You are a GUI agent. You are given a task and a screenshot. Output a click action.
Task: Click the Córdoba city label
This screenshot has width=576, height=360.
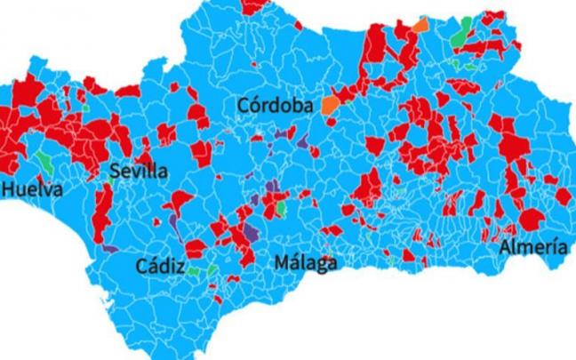[276, 106]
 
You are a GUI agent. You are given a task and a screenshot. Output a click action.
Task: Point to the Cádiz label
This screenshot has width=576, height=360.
[161, 266]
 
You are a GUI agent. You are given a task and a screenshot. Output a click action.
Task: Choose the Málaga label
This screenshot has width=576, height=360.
[305, 264]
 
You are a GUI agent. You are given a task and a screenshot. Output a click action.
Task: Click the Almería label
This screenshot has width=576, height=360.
[532, 246]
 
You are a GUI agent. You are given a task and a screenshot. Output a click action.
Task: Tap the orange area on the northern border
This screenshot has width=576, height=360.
[420, 27]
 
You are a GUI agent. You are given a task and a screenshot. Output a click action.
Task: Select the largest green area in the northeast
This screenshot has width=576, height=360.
[460, 34]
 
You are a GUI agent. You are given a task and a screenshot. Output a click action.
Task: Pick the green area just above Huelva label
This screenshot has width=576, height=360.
[44, 163]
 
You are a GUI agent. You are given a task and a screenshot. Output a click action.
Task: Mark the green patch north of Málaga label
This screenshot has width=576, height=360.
[280, 208]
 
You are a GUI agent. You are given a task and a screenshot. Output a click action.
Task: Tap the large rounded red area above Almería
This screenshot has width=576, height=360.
[532, 219]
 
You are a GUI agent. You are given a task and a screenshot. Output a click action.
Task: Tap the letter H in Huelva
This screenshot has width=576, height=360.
[9, 189]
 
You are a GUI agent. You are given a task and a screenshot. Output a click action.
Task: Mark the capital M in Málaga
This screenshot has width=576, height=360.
[282, 264]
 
